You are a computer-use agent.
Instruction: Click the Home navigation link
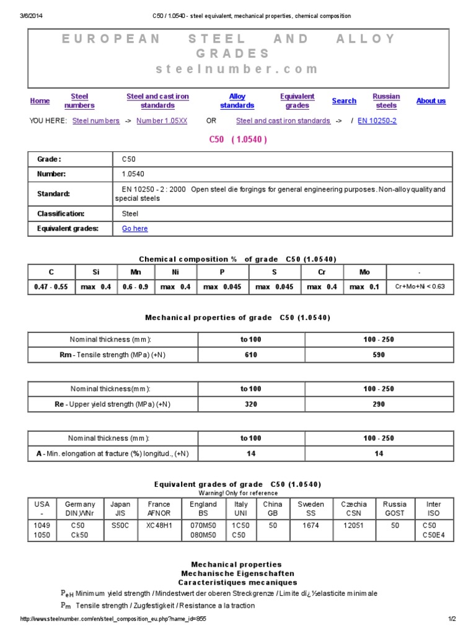point(40,101)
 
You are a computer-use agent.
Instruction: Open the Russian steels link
point(386,101)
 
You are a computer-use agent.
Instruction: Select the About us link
point(431,101)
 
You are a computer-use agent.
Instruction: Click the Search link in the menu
point(344,101)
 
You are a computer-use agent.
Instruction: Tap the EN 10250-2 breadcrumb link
point(377,121)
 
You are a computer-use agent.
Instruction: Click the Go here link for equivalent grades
point(134,228)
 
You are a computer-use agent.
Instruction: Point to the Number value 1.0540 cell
point(133,174)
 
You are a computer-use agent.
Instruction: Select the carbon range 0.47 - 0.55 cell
point(51,287)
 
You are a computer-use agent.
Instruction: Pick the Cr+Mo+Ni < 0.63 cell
point(420,287)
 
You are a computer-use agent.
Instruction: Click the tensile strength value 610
point(251,355)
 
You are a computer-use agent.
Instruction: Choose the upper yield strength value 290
point(379,404)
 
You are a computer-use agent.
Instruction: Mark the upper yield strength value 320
point(251,404)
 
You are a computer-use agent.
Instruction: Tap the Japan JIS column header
point(120,508)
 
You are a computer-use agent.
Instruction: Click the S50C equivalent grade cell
point(120,525)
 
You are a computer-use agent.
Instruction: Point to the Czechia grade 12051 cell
point(354,525)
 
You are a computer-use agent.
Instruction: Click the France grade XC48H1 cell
point(159,525)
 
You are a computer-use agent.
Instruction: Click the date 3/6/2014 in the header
point(30,16)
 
